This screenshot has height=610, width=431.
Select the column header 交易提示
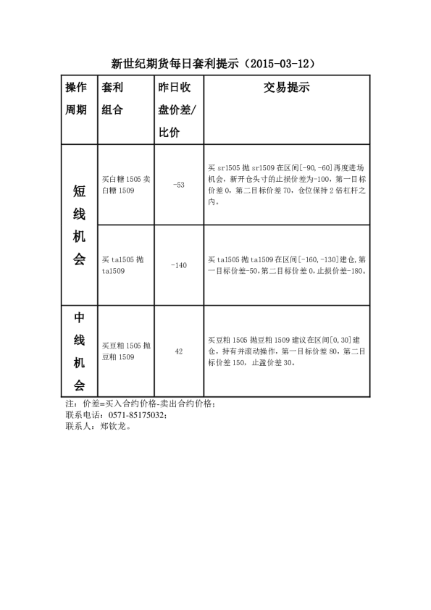tap(286, 88)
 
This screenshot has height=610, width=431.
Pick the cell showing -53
tap(179, 185)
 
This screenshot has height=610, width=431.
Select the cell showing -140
tap(179, 265)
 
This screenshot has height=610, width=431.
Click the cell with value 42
tap(179, 351)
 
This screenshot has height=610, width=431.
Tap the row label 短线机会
tap(79, 225)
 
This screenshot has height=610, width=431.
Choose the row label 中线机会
tap(79, 351)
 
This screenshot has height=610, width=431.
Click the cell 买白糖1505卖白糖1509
tap(126, 184)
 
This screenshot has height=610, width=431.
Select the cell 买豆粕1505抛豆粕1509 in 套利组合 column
tap(126, 351)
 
